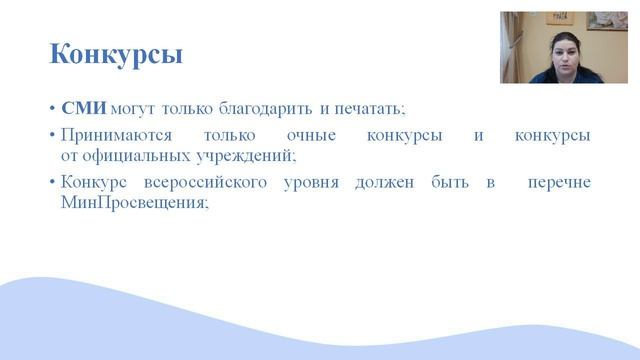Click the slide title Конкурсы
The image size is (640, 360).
[x=116, y=54]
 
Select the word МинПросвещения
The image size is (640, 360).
[x=119, y=203]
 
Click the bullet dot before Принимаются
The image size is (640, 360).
[x=52, y=135]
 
